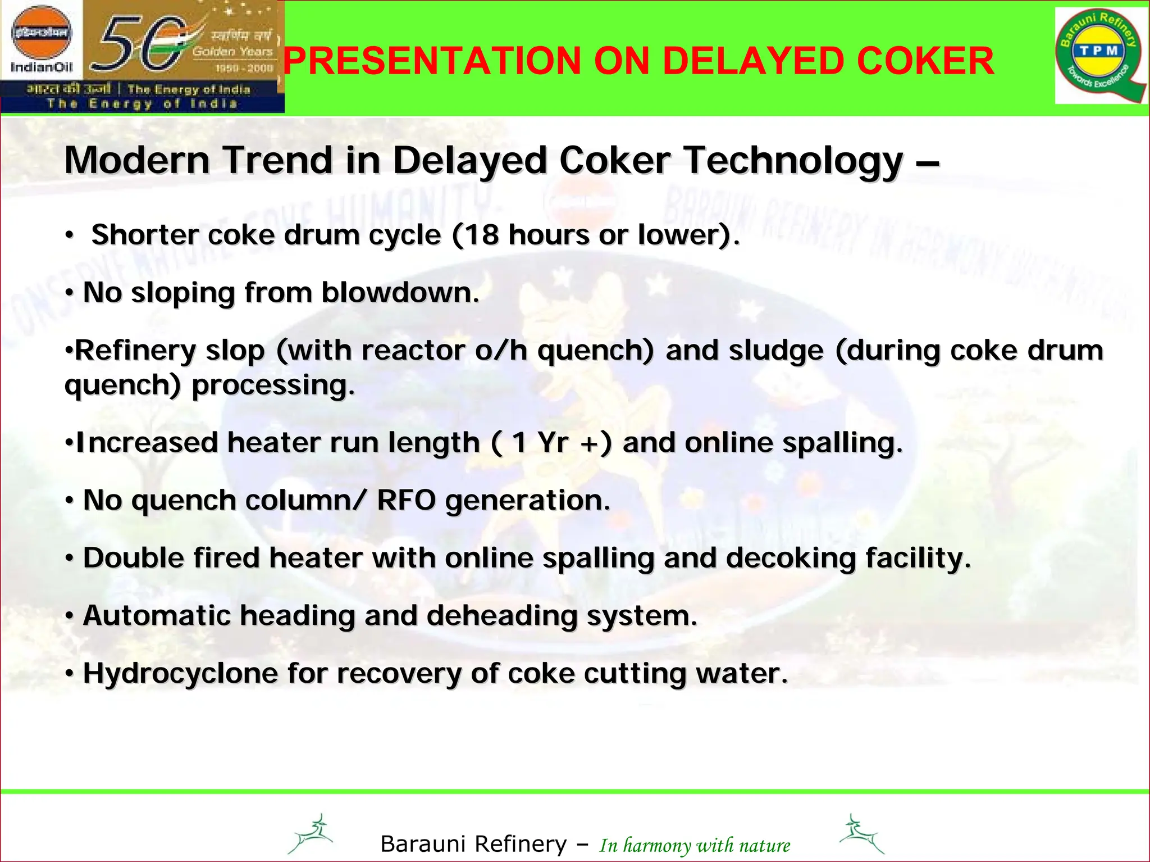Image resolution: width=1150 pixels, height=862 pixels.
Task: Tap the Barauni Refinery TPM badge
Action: [1100, 56]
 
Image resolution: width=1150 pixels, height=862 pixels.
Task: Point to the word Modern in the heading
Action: [137, 160]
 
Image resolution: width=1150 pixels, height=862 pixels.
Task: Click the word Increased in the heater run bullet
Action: [147, 442]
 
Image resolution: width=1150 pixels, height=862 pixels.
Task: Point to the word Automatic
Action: [157, 615]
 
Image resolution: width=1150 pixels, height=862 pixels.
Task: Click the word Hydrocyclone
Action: [180, 674]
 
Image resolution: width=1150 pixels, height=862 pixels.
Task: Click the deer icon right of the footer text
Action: [861, 834]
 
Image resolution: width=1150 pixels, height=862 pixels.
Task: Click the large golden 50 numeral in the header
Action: [140, 46]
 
